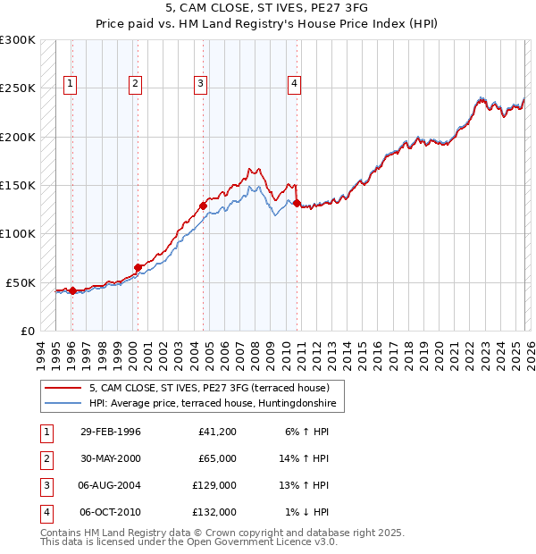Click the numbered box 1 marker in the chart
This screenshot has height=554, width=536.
point(71,85)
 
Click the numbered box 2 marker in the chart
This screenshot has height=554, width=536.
point(135,85)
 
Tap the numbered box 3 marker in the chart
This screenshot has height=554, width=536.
point(200,85)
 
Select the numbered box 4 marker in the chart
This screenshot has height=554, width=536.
point(294,85)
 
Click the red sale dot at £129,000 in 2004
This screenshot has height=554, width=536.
point(203,206)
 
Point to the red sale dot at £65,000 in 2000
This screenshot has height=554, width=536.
point(138,267)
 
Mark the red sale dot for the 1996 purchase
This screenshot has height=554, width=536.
point(72,290)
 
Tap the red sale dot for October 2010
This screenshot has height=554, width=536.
point(297,203)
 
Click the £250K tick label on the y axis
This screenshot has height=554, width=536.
point(18,88)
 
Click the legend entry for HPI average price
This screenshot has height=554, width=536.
point(209,403)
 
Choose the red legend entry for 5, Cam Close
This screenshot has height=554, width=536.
point(209,388)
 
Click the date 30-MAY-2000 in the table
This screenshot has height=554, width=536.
point(110,458)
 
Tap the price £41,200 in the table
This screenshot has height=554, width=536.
point(216,432)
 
